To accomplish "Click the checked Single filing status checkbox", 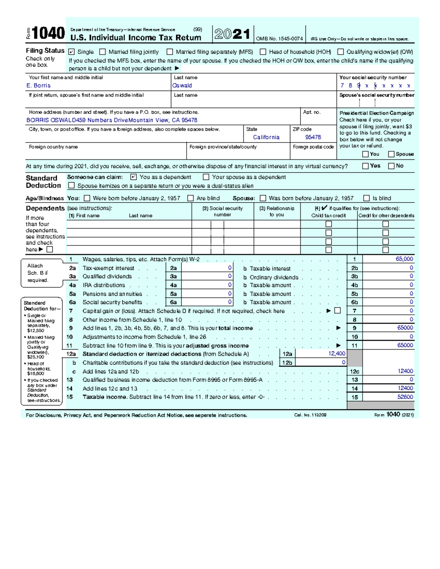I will coord(71,52).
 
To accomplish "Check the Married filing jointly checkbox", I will coord(103,52).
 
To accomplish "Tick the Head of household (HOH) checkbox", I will coord(263,52).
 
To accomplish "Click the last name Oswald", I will coord(182,85).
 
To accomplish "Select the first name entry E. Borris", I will coord(38,85).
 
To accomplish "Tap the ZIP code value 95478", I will coord(313,137).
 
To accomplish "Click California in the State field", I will coord(266,137).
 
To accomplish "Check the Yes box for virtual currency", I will coord(365,166).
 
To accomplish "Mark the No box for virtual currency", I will coord(391,166).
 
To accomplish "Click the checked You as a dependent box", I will coord(133,177).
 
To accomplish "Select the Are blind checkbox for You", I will coord(190,198).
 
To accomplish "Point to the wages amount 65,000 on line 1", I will coord(404,259).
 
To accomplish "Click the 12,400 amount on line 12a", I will coord(337,354).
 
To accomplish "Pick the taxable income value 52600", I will coord(405,397).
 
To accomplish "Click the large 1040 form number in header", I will coord(48,34).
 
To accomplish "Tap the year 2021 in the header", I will coord(232,34).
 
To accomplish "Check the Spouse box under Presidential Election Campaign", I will coord(391,154).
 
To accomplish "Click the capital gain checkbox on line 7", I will coord(338,311).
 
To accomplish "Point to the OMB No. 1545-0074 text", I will coord(279,39).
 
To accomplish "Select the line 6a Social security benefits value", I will coord(230,302).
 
